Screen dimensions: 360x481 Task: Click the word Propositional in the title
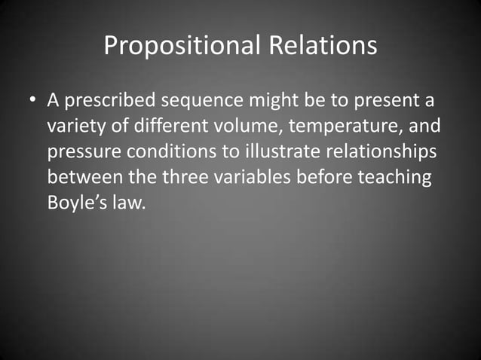pos(181,46)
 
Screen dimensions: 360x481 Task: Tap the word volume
pos(242,126)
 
